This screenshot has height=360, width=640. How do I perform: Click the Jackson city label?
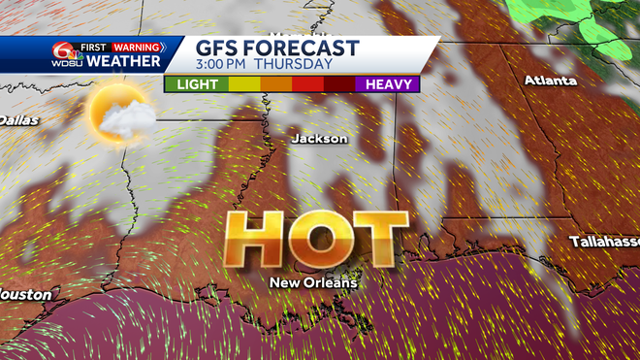click(319, 139)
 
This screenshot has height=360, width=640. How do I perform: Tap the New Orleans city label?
click(313, 283)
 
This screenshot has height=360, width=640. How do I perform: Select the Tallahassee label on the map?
click(604, 241)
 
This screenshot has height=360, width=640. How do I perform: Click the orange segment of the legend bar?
click(275, 84)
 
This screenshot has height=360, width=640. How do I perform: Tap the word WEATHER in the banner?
click(123, 62)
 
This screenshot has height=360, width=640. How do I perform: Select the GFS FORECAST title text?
click(277, 48)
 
